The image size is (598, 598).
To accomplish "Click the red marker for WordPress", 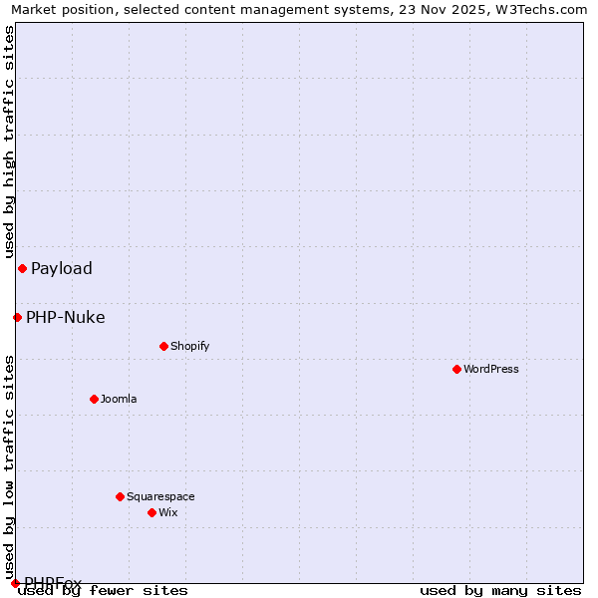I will click(x=456, y=369).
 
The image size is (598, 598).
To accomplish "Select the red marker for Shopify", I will click(x=163, y=346).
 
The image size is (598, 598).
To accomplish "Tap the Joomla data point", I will click(x=94, y=399).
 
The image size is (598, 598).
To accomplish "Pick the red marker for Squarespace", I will click(x=120, y=496).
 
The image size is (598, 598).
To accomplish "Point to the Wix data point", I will click(x=151, y=512).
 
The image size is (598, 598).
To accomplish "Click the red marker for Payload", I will click(x=22, y=268).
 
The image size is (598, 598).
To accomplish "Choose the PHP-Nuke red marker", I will click(x=17, y=317).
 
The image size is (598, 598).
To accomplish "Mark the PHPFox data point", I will click(x=15, y=583).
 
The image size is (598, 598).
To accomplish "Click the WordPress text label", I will click(x=491, y=369).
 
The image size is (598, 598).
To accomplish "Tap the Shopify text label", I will click(x=189, y=346).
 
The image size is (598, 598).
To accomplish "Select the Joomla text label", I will click(x=119, y=399).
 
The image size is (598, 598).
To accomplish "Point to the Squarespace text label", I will click(x=160, y=496).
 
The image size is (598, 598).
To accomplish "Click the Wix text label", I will click(x=167, y=512).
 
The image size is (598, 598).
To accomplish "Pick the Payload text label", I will click(x=62, y=268).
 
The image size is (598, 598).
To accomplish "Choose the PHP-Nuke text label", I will click(x=66, y=318).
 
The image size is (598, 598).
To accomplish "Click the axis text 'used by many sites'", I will click(x=500, y=590).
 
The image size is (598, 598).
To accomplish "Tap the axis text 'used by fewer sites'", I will click(x=104, y=590).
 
